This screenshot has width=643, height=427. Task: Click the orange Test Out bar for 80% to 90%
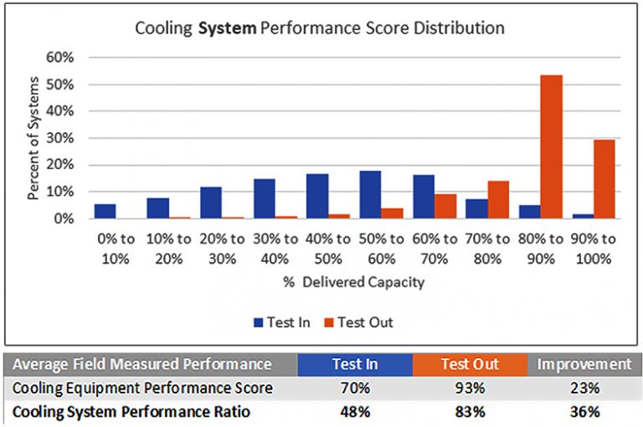(551, 147)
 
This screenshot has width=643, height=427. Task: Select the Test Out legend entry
(360, 322)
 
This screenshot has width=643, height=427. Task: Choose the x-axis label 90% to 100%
(593, 249)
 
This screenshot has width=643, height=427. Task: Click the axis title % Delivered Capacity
(353, 282)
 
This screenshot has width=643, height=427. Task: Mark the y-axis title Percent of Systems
(34, 138)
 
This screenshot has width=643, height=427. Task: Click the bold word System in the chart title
(229, 28)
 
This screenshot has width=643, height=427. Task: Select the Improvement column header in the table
(584, 364)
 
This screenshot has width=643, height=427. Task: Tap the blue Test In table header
(354, 364)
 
